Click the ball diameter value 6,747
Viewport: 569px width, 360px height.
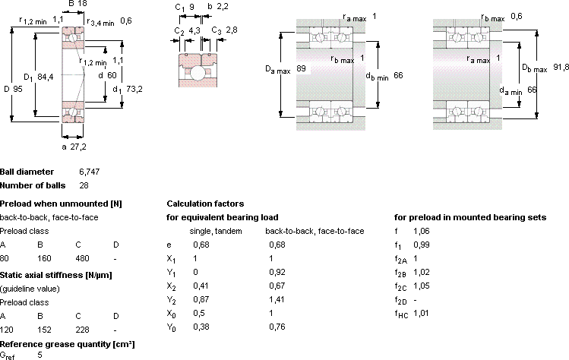tap(90, 172)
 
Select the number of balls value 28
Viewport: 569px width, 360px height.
tap(84, 185)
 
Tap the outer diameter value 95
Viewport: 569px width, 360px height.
tap(17, 89)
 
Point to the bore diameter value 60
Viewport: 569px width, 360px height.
tap(112, 75)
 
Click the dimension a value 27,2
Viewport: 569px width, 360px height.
tap(79, 147)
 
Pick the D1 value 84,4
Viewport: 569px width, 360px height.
tap(46, 77)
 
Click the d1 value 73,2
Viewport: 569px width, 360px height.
tap(134, 89)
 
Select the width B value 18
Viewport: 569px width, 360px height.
tap(82, 4)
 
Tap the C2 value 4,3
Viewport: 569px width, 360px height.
tap(194, 30)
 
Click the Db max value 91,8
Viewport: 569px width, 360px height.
tap(561, 67)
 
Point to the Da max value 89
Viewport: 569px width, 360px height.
tap(301, 68)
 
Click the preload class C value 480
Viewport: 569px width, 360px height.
tap(82, 258)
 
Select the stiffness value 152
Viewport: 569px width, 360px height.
tap(44, 330)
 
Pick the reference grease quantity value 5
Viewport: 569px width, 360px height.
tap(40, 355)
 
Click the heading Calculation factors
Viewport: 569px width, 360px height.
tap(205, 204)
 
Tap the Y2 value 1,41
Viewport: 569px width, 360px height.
tap(277, 299)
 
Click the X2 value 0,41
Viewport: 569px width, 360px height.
tap(201, 286)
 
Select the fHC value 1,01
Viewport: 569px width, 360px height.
tap(421, 313)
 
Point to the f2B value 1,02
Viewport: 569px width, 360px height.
tap(422, 272)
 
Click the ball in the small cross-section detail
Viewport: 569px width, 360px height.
tap(198, 73)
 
